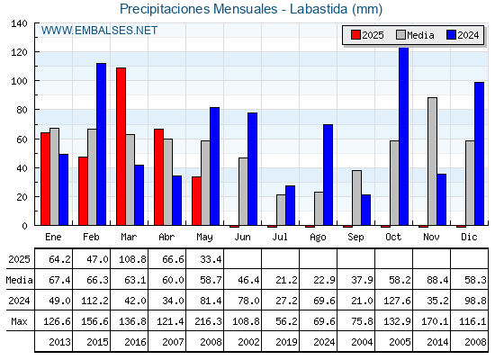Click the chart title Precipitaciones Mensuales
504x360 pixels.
click(x=198, y=9)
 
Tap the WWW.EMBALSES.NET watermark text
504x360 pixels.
click(x=99, y=31)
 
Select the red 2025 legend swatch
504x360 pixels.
click(x=355, y=35)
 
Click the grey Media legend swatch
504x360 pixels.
click(x=400, y=35)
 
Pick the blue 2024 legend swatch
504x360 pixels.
click(x=451, y=35)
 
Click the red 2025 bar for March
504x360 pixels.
click(x=121, y=146)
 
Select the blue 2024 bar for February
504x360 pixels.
click(x=101, y=144)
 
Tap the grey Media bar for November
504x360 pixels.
click(x=432, y=161)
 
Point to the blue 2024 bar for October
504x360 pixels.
click(x=404, y=136)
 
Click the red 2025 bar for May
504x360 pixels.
click(x=196, y=201)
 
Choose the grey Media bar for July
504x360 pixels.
click(x=281, y=210)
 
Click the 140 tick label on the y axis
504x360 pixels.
click(x=19, y=23)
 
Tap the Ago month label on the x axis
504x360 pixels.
click(x=318, y=237)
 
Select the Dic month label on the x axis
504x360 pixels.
click(x=469, y=237)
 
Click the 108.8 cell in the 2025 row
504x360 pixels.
click(x=132, y=259)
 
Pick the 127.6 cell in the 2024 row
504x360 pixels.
click(x=397, y=301)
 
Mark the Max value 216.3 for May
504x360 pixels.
click(x=208, y=321)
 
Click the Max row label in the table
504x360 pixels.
click(x=19, y=321)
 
